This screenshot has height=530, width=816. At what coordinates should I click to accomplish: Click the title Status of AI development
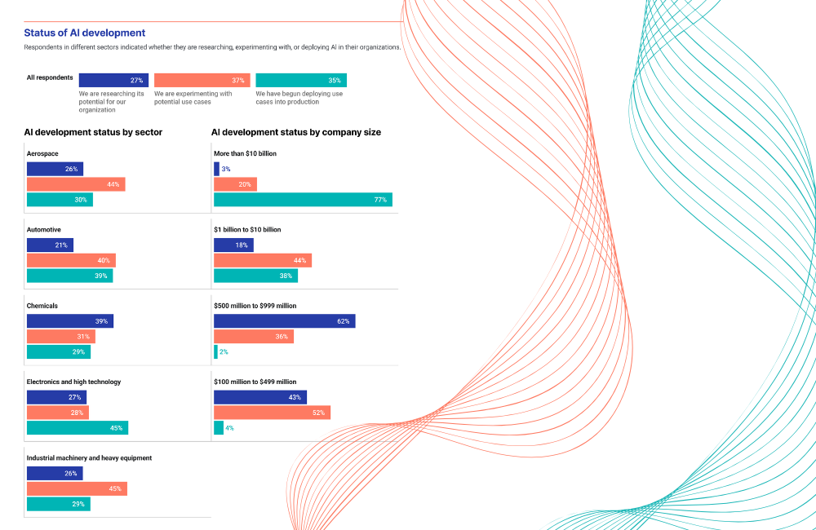pyautogui.click(x=85, y=33)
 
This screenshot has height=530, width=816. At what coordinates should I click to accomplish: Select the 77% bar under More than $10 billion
pyautogui.click(x=303, y=200)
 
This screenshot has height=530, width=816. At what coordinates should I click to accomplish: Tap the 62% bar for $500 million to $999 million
pyautogui.click(x=284, y=321)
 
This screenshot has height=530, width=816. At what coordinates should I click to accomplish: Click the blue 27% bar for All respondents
pyautogui.click(x=113, y=80)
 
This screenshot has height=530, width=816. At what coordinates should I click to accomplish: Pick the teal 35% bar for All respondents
pyautogui.click(x=301, y=80)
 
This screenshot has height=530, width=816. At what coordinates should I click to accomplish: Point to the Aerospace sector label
pyautogui.click(x=42, y=153)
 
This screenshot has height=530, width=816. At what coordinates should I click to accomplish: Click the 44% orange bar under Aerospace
pyautogui.click(x=76, y=184)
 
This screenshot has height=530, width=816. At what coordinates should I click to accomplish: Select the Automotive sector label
pyautogui.click(x=44, y=230)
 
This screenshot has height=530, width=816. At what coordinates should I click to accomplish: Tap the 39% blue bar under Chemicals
pyautogui.click(x=70, y=321)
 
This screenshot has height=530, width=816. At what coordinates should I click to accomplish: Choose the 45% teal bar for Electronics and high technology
pyautogui.click(x=78, y=428)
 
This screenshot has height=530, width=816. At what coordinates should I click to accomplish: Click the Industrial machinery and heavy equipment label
pyautogui.click(x=89, y=458)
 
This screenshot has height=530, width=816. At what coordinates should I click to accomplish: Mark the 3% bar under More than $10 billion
pyautogui.click(x=216, y=169)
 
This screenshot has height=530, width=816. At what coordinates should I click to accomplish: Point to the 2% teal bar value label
pyautogui.click(x=224, y=352)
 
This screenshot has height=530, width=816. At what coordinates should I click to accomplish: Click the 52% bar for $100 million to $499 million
pyautogui.click(x=272, y=413)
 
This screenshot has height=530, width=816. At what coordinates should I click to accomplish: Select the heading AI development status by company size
pyautogui.click(x=295, y=132)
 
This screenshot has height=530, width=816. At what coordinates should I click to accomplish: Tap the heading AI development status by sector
pyautogui.click(x=93, y=132)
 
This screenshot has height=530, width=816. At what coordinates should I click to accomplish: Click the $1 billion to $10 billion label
pyautogui.click(x=247, y=230)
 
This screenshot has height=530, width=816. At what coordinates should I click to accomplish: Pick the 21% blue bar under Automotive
pyautogui.click(x=50, y=245)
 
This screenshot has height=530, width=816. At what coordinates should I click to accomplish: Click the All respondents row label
pyautogui.click(x=50, y=78)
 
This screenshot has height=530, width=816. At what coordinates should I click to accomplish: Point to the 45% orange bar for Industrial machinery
pyautogui.click(x=77, y=489)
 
